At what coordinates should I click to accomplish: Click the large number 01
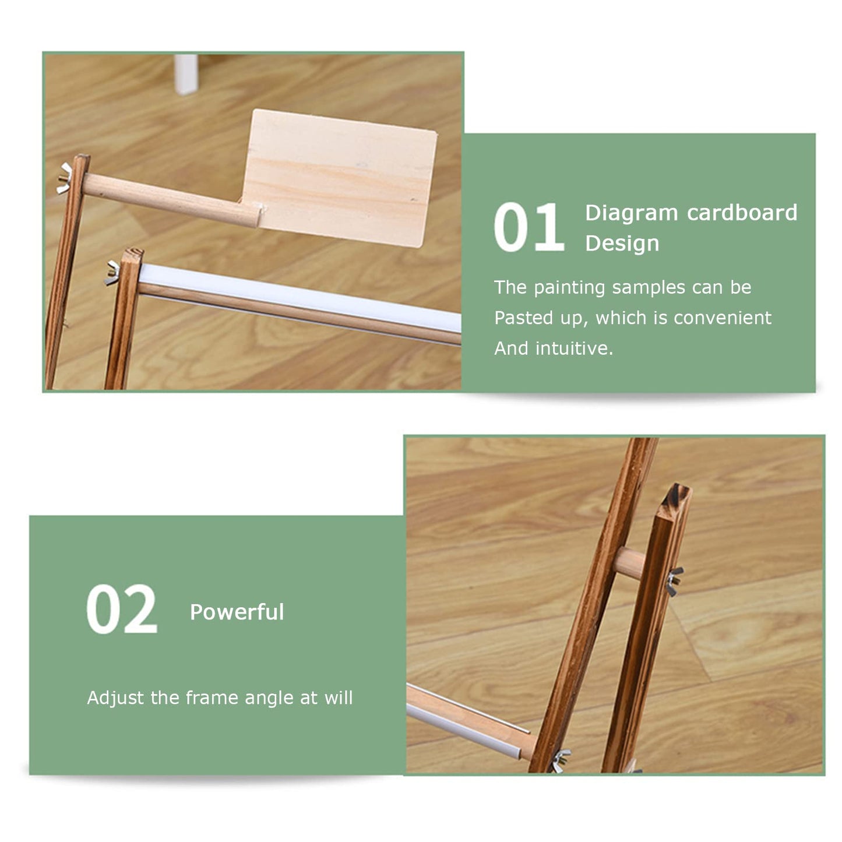click(x=529, y=227)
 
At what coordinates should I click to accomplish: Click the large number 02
click(x=121, y=609)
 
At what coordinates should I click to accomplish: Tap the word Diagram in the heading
click(x=631, y=214)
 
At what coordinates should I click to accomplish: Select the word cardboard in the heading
click(x=742, y=213)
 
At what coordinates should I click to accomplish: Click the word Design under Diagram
click(x=622, y=244)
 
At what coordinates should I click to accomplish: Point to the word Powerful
click(x=237, y=612)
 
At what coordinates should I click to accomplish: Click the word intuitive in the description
click(x=574, y=348)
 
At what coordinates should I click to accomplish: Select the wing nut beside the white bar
click(x=112, y=273)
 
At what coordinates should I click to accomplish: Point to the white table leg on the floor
click(x=186, y=73)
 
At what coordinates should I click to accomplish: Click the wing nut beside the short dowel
click(x=674, y=581)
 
